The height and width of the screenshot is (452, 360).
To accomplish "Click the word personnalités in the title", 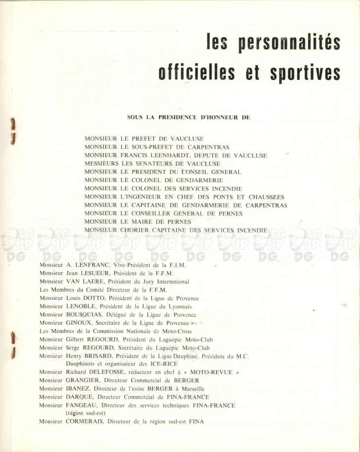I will click(x=289, y=44).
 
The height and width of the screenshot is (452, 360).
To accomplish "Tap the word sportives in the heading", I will click(x=305, y=72).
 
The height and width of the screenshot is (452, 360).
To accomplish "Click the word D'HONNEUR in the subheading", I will click(x=216, y=118).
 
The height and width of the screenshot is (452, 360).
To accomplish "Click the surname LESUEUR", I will click(x=97, y=273).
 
